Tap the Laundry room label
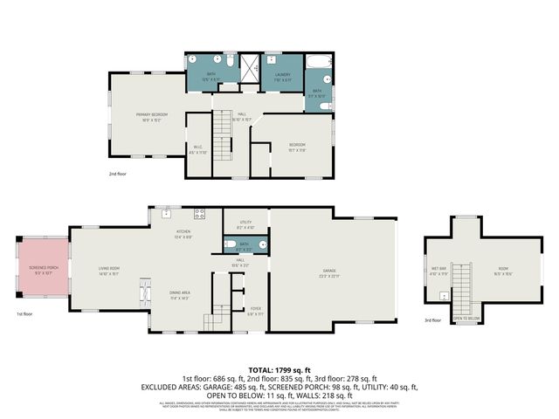(x=282, y=75)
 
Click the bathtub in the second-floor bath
(x=316, y=63)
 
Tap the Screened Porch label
(x=43, y=268)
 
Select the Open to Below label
(x=467, y=319)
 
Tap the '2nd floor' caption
(x=118, y=174)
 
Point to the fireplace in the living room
(x=144, y=294)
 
